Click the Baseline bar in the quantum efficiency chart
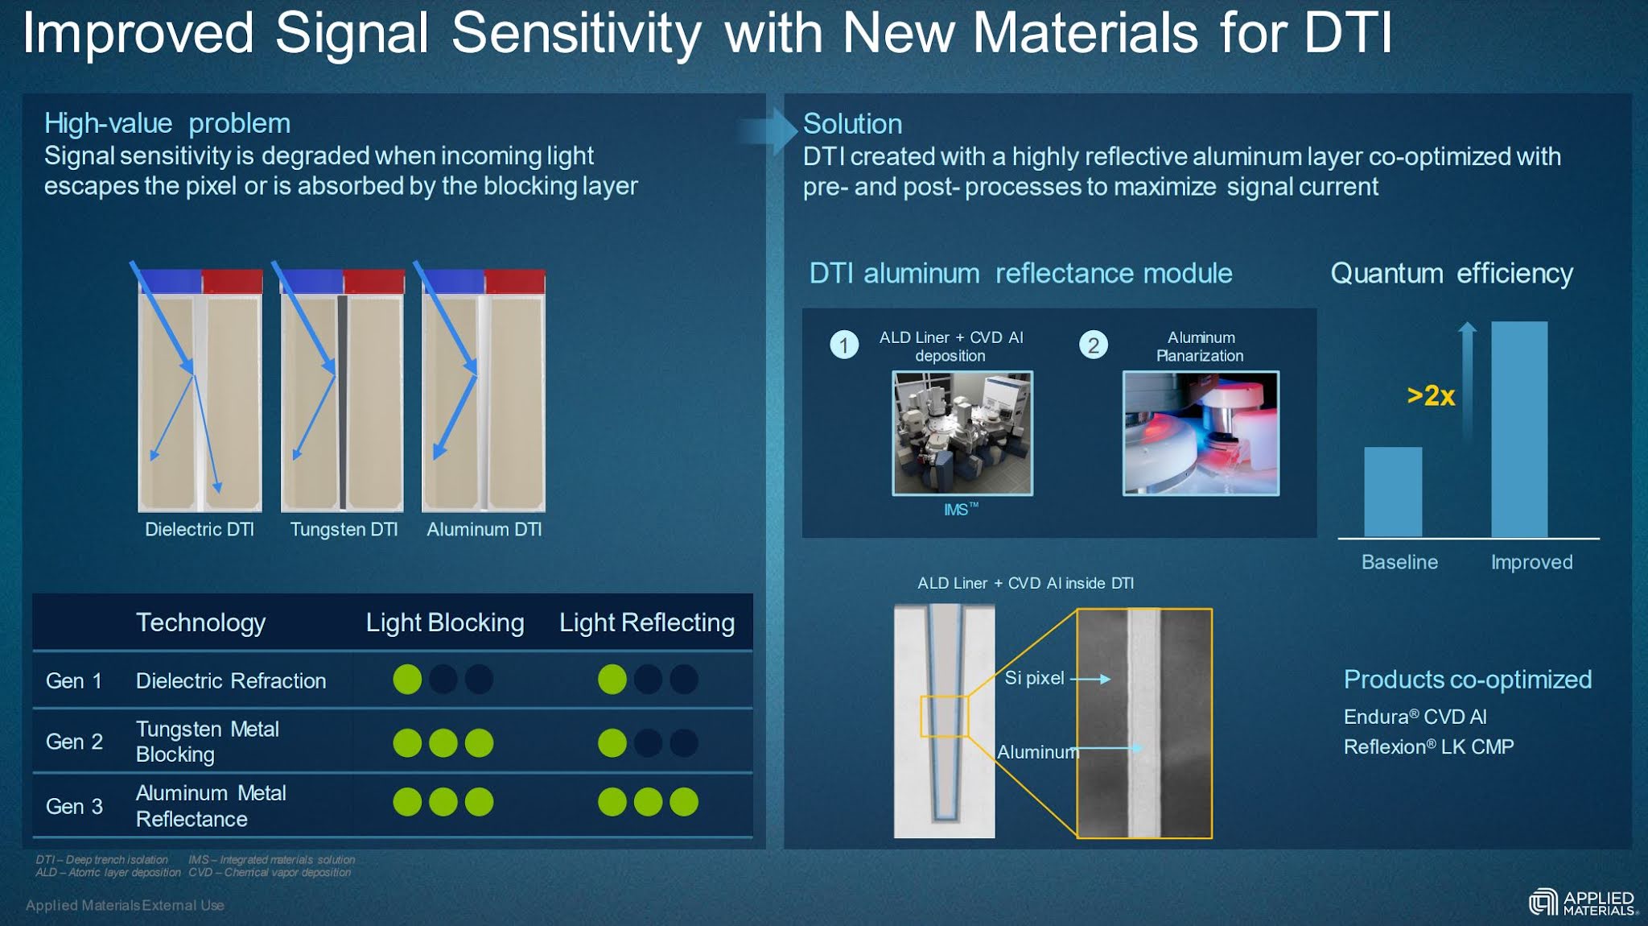[1392, 492]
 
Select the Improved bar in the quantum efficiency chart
[1518, 429]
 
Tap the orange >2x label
[1431, 395]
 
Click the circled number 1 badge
[844, 345]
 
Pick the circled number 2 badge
[1093, 345]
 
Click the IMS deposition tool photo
[962, 433]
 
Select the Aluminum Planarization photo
[1201, 433]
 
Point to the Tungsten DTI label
[344, 529]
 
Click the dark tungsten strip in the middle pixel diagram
[342, 403]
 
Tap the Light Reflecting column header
[646, 622]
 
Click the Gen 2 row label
[74, 742]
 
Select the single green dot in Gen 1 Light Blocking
[407, 680]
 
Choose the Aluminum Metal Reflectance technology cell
[211, 806]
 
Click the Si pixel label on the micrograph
[1034, 678]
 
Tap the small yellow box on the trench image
[944, 717]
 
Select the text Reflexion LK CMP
[1428, 746]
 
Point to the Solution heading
[852, 124]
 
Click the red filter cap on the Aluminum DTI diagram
[515, 282]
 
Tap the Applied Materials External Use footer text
[125, 905]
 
